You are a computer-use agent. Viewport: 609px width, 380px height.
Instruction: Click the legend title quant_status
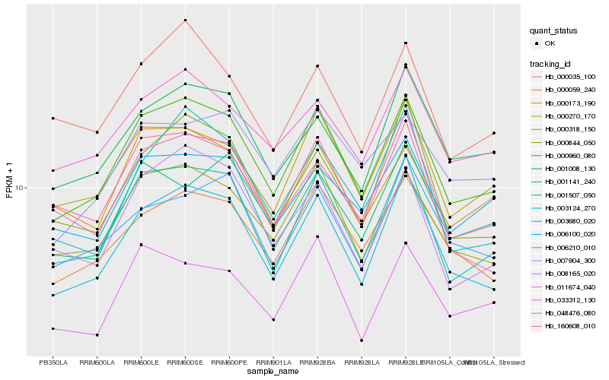[554, 30]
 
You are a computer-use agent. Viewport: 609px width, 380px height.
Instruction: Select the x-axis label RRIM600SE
[185, 362]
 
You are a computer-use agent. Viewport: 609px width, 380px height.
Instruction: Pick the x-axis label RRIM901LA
[273, 362]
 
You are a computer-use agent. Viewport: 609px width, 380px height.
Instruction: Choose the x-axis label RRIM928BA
[317, 362]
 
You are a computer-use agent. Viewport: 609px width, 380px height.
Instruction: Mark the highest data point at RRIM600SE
[185, 20]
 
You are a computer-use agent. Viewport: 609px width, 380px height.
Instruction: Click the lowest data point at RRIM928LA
[362, 340]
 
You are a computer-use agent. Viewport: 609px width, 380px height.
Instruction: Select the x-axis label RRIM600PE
[229, 362]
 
